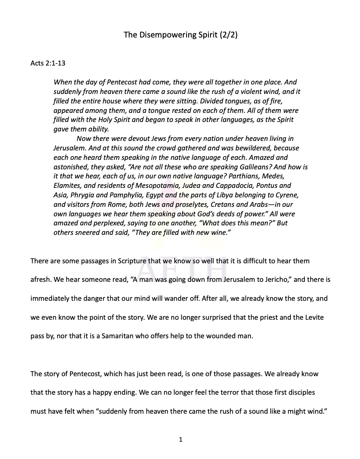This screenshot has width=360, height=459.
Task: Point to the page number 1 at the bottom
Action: [x=180, y=440]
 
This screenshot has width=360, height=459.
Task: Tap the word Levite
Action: [x=310, y=317]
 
